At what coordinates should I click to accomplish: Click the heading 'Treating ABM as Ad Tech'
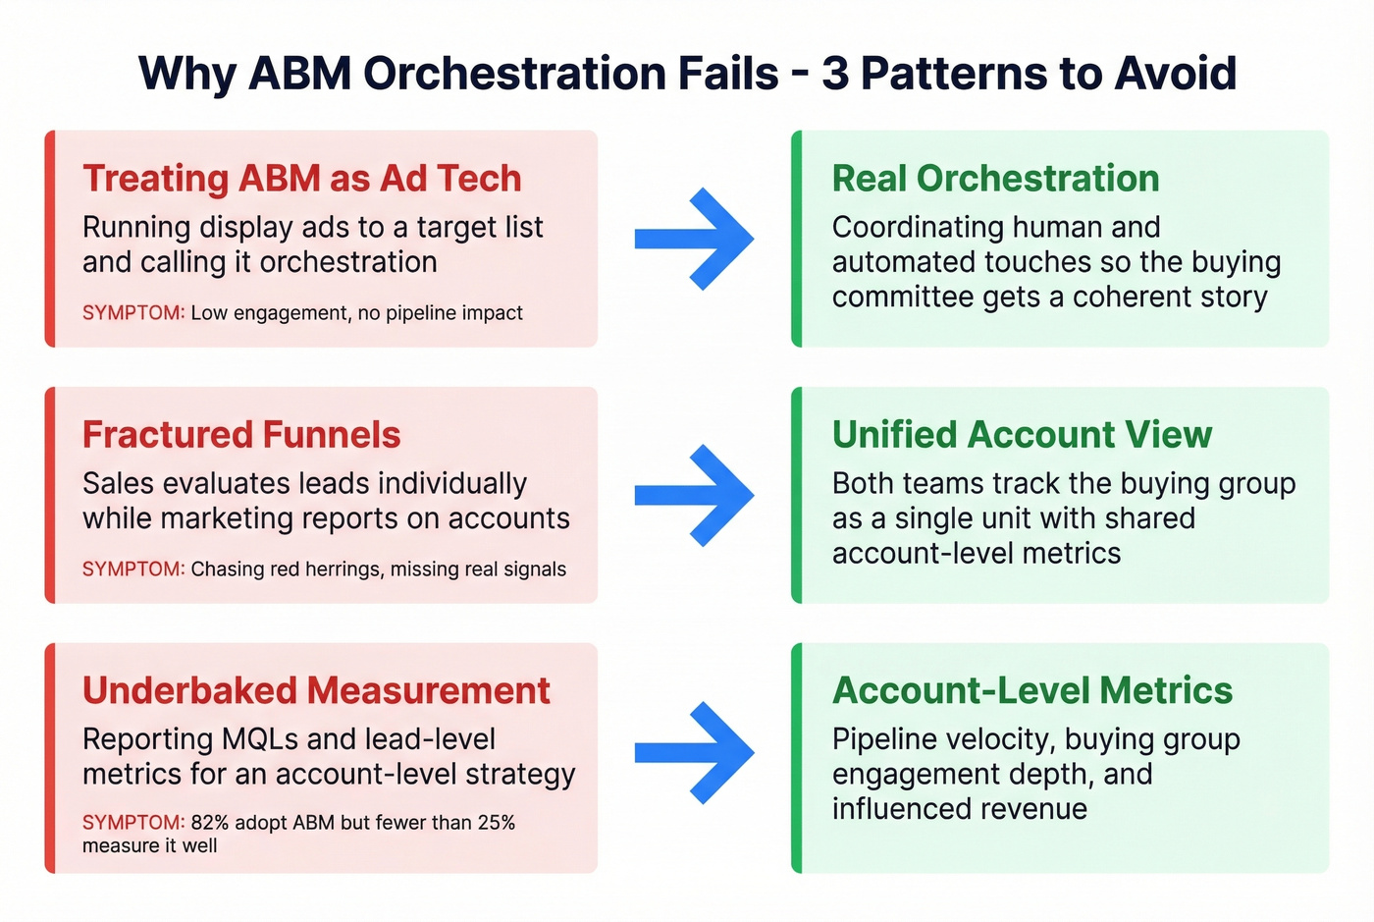tap(301, 179)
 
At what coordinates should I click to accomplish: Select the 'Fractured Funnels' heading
tap(241, 435)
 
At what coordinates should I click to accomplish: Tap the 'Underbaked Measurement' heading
tap(316, 691)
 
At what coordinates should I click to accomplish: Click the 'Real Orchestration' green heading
tap(995, 179)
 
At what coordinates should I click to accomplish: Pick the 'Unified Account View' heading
tap(1022, 435)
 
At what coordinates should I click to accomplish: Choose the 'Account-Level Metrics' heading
tap(1031, 691)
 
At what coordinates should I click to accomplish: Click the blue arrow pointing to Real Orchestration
tap(695, 239)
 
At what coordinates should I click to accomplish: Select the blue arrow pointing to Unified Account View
tap(695, 495)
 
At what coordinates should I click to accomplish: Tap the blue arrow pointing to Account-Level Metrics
tap(695, 752)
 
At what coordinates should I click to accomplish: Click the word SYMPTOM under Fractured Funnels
tap(132, 569)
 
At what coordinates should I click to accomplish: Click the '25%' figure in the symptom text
tap(496, 823)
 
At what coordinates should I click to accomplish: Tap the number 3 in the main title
tap(834, 74)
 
